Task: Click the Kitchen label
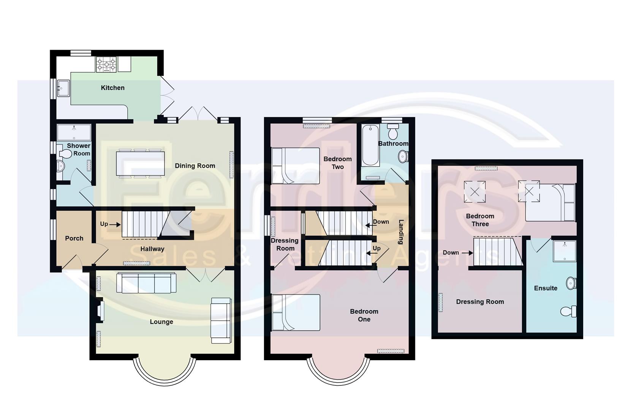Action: pos(112,88)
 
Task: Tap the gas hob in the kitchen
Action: pos(106,65)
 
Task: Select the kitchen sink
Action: pos(63,88)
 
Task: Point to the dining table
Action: pos(140,164)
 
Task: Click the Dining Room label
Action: pos(195,166)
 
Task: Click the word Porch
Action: pos(74,238)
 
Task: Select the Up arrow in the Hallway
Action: pos(115,225)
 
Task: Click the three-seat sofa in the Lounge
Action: pos(146,283)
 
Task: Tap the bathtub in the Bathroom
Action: pos(370,145)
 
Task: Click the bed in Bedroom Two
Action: pos(295,166)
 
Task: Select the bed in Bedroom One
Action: pos(296,312)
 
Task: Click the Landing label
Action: pos(401,232)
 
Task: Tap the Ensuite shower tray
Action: pos(564,251)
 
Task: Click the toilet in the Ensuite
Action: pos(568,311)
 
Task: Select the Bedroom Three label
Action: pos(480,220)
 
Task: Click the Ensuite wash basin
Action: pos(571,283)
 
